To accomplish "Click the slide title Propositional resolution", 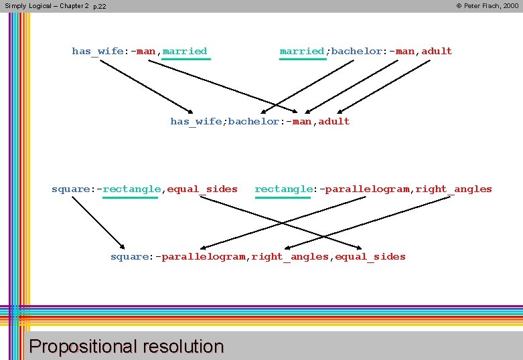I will pyautogui.click(x=127, y=347).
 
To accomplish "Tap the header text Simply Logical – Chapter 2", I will pyautogui.click(x=47, y=6).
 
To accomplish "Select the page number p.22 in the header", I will pyautogui.click(x=99, y=7).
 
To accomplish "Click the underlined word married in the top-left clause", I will pyautogui.click(x=185, y=52).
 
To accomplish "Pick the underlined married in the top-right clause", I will pyautogui.click(x=302, y=52).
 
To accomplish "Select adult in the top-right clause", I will pyautogui.click(x=437, y=52).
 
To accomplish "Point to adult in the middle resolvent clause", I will pyautogui.click(x=334, y=122).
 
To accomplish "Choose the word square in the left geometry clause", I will pyautogui.click(x=69, y=189).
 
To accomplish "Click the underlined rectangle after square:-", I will pyautogui.click(x=132, y=189).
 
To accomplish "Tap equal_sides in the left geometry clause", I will pyautogui.click(x=202, y=189).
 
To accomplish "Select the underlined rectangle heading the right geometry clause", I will pyautogui.click(x=283, y=189).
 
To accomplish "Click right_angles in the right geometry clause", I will pyautogui.click(x=453, y=189).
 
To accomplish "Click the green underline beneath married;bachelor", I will pyautogui.click(x=303, y=60).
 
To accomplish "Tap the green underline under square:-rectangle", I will pyautogui.click(x=131, y=197).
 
